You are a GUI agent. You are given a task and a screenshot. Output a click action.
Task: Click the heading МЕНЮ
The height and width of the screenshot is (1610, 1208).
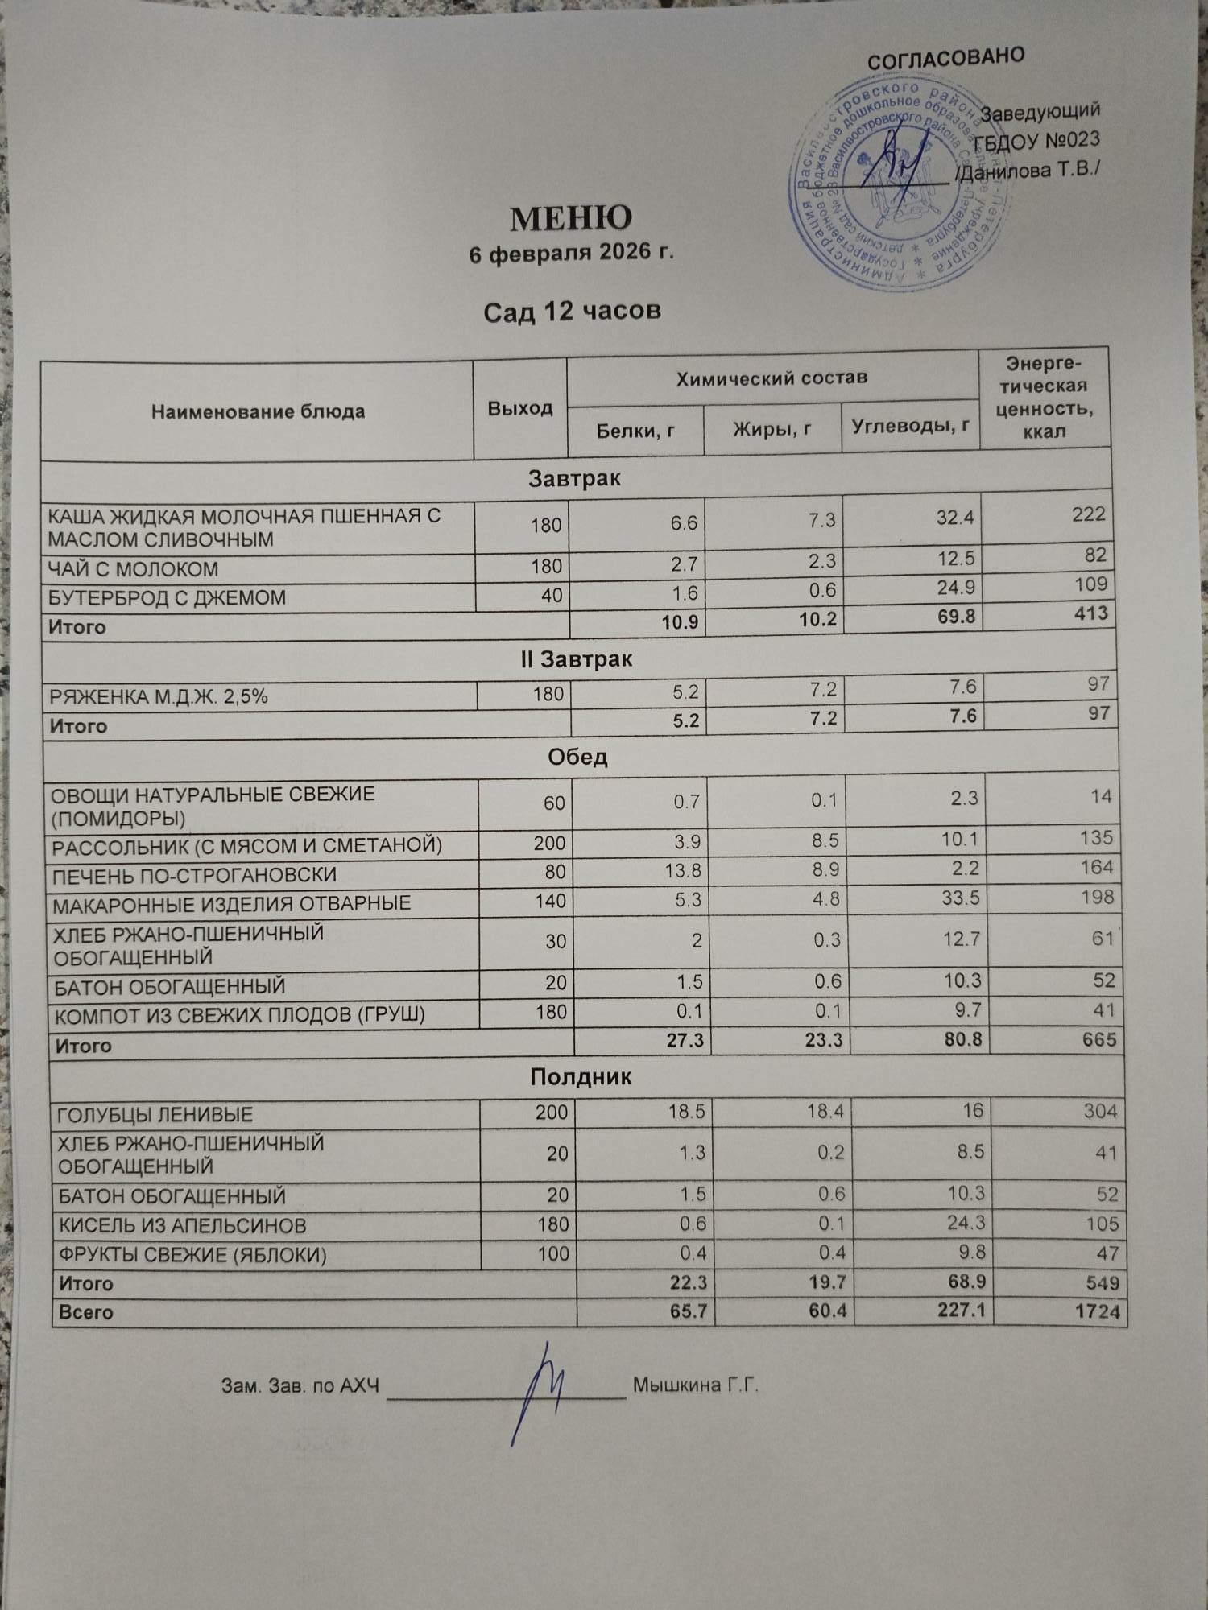(x=571, y=217)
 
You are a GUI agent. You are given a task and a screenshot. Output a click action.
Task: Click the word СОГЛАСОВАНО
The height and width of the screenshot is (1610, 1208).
(x=945, y=58)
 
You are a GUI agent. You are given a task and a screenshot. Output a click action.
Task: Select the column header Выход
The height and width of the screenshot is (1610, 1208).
(x=520, y=408)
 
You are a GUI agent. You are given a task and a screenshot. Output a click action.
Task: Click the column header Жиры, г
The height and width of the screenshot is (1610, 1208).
(x=772, y=429)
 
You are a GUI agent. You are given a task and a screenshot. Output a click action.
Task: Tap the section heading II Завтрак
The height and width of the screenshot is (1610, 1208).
(x=576, y=659)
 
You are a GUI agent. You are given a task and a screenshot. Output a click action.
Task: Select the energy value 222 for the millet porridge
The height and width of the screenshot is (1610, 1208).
(x=1088, y=514)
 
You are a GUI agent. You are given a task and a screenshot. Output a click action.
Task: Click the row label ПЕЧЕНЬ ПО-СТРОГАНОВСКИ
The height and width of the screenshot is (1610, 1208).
(x=194, y=875)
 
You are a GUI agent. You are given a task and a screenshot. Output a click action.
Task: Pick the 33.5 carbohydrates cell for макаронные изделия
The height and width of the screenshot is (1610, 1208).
(x=960, y=898)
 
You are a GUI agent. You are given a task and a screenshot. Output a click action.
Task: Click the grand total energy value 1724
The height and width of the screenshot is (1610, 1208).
(x=1097, y=1311)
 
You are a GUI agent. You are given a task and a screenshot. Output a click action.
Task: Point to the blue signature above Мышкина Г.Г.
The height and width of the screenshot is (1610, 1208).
(x=541, y=1389)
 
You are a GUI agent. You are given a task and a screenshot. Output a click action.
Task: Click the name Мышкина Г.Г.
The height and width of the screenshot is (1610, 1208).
(x=696, y=1385)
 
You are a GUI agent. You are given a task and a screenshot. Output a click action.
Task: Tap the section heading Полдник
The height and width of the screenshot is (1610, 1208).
(x=581, y=1077)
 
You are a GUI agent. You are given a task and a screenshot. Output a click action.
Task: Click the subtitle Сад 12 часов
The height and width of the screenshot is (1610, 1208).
(x=572, y=311)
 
